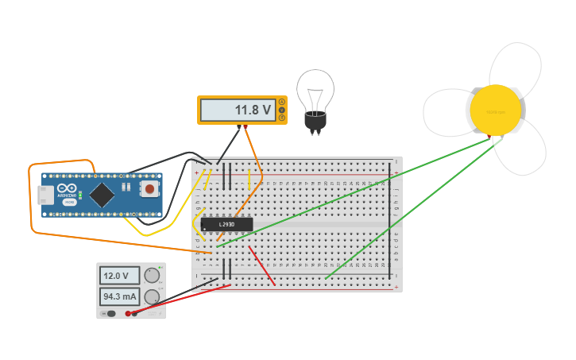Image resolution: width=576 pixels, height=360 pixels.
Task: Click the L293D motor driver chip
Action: click(226, 224)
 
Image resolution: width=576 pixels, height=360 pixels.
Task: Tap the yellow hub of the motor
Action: click(495, 110)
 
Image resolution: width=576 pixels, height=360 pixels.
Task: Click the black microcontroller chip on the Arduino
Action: click(102, 194)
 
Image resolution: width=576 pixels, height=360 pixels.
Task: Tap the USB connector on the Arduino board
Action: click(46, 195)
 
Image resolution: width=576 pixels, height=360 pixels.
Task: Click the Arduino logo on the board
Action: click(68, 190)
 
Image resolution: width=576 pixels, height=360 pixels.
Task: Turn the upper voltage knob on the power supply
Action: click(151, 276)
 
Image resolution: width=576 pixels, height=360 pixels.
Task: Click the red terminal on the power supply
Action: click(128, 313)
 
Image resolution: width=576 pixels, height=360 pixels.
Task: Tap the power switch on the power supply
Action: click(110, 313)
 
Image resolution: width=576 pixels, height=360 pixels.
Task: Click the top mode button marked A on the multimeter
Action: click(281, 102)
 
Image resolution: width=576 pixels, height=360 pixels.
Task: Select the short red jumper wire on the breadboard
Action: click(262, 265)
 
